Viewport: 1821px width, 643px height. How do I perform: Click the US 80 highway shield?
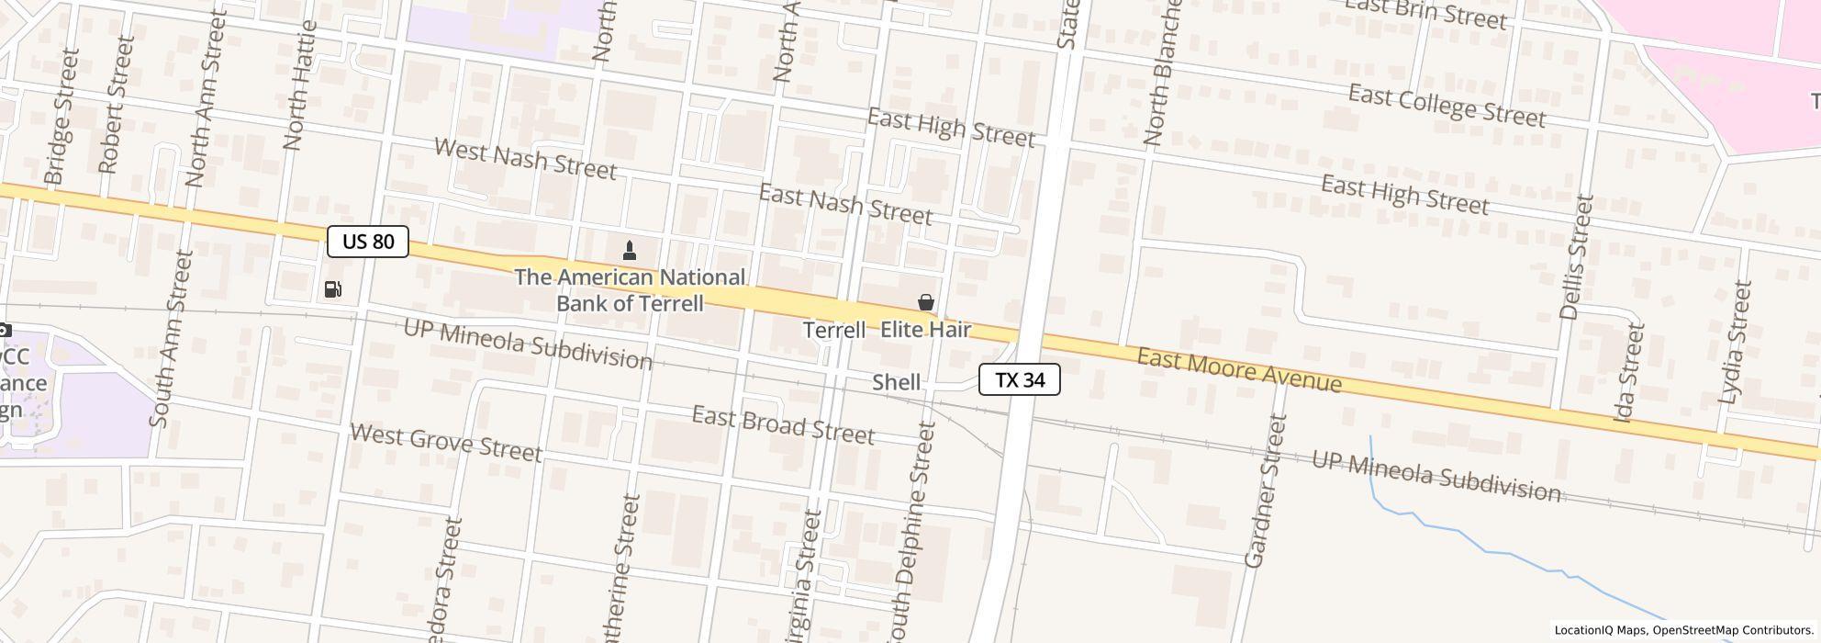click(x=368, y=242)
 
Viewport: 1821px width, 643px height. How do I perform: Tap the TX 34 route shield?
click(x=1020, y=379)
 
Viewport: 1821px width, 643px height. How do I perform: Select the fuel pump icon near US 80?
click(x=333, y=289)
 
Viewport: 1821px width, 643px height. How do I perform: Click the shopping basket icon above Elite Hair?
click(x=926, y=302)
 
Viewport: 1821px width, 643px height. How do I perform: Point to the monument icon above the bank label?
click(x=630, y=249)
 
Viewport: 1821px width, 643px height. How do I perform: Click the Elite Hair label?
click(x=925, y=330)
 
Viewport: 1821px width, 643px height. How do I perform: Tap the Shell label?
click(x=896, y=382)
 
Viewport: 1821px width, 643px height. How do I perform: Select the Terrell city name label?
click(x=834, y=330)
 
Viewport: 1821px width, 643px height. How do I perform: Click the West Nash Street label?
click(x=525, y=159)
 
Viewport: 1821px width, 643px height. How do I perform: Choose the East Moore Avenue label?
click(x=1239, y=369)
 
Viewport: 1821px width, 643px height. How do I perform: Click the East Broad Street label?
click(x=783, y=425)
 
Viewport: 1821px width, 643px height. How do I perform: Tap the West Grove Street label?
click(x=446, y=443)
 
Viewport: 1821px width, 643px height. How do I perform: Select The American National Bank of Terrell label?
click(x=630, y=290)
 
